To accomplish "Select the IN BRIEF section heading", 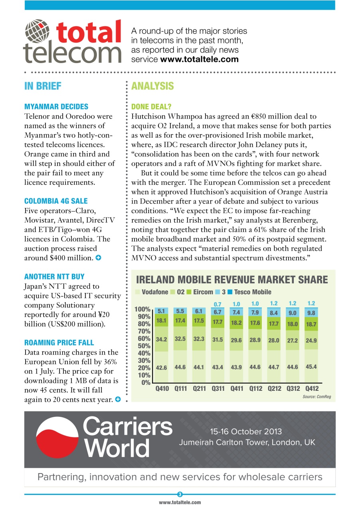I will pos(43,86).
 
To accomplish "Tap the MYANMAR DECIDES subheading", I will pos(56,107).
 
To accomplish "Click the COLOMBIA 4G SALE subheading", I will pos(56,201).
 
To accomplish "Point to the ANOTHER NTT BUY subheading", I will pos(54,276).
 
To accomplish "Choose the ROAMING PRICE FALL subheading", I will pos(59,343).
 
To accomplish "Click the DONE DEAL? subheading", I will pos(151,107).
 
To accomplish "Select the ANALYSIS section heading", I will pos(152,86).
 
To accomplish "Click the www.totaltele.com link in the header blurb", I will pos(199,59).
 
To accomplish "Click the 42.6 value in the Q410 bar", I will pos(161,368).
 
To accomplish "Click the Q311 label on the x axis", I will pos(218,388).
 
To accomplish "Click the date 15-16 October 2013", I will pos(246,432).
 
